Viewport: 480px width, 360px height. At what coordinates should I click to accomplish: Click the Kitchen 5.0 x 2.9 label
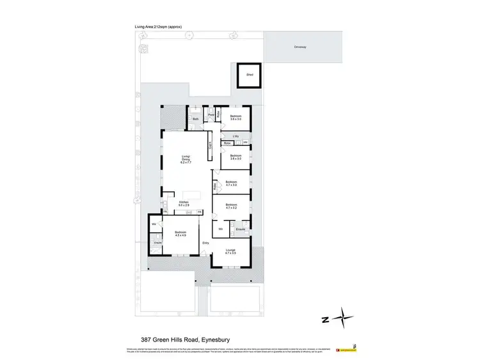[184, 203]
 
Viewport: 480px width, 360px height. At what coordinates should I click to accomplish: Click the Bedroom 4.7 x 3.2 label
[231, 207]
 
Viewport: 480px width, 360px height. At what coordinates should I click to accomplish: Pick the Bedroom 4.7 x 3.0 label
[231, 184]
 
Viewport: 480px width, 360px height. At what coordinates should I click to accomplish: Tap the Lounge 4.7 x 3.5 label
[231, 253]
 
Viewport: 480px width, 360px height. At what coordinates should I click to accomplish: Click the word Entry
[205, 243]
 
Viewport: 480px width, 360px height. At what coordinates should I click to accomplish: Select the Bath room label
[196, 119]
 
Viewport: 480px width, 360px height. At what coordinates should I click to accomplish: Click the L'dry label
[236, 136]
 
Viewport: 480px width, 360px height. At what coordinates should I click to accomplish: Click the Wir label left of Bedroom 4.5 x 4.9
[154, 224]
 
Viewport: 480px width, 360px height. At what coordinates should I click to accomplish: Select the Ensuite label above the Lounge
[241, 228]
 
